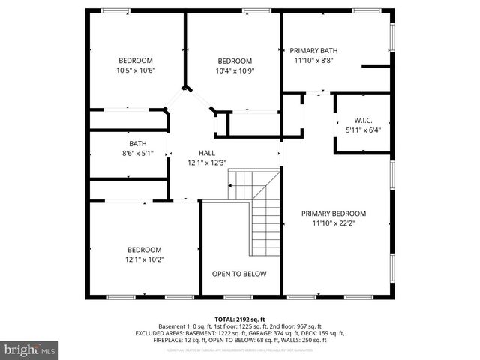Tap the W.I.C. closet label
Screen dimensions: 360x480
[363, 120]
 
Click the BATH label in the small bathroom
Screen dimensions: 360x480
[137, 144]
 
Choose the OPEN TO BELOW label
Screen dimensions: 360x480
[239, 274]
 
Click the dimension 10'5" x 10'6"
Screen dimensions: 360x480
[135, 70]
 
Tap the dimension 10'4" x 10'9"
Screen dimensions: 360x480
[235, 70]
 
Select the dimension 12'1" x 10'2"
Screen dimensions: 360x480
[143, 259]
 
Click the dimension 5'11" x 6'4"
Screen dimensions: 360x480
[363, 130]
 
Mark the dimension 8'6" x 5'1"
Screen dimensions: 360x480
[137, 154]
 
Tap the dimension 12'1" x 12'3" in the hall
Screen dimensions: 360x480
[207, 162]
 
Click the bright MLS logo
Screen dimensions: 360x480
[30, 349]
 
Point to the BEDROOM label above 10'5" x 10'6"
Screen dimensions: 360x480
[135, 61]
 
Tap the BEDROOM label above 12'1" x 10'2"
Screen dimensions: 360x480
[143, 250]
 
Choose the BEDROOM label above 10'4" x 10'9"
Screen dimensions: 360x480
[235, 61]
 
